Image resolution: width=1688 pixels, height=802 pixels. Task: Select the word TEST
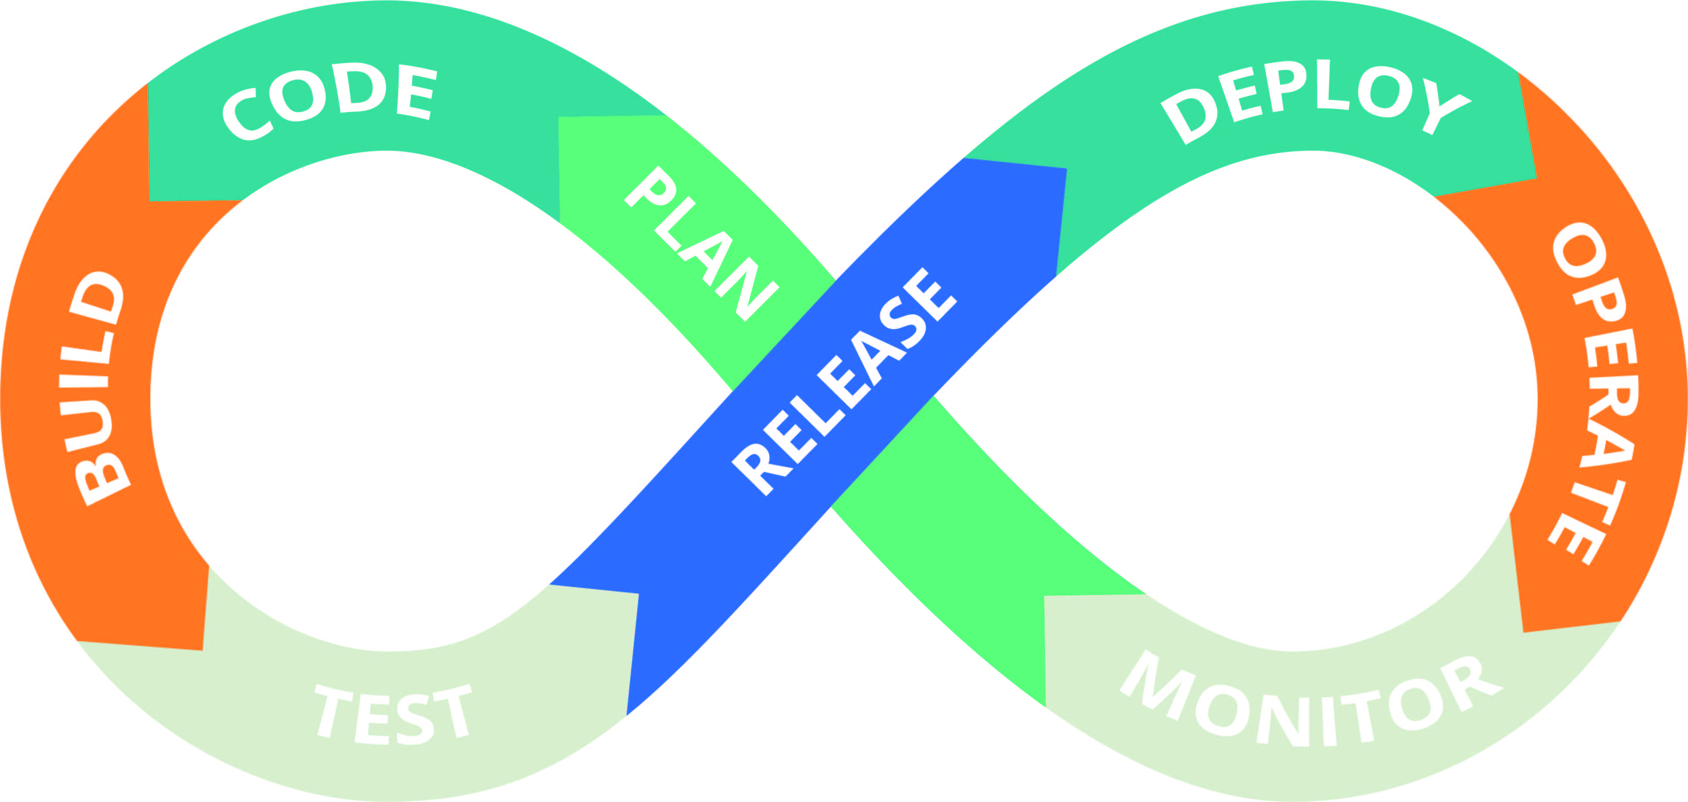[x=393, y=715]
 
